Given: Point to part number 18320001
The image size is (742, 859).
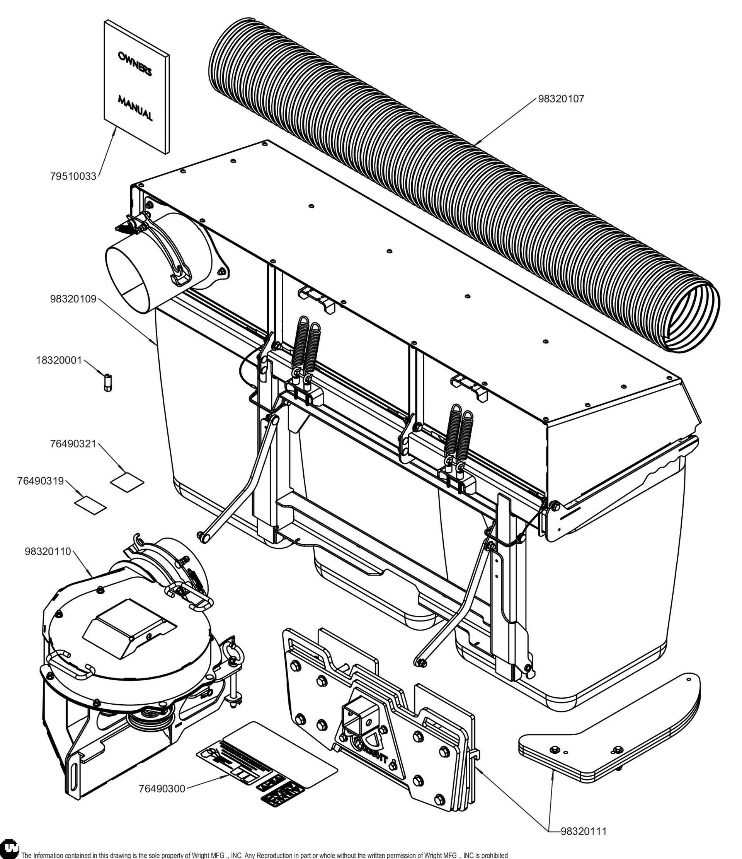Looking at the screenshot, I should (x=59, y=360).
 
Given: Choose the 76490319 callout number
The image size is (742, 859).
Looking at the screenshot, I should (x=40, y=481).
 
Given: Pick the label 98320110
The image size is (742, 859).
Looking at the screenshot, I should (x=48, y=552).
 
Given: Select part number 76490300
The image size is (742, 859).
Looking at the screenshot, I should (x=162, y=789).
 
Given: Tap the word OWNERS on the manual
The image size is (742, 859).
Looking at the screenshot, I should (x=135, y=65).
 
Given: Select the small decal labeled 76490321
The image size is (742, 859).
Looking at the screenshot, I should (x=127, y=480).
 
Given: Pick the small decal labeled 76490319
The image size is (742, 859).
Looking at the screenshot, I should (x=90, y=504).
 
